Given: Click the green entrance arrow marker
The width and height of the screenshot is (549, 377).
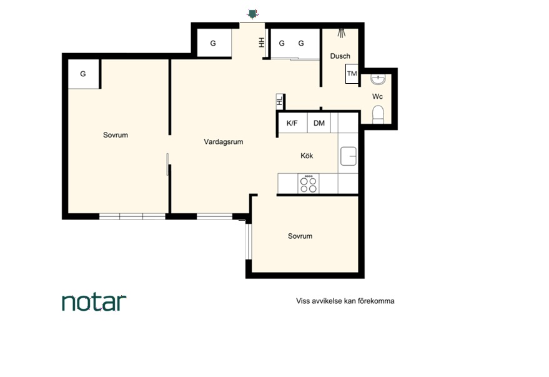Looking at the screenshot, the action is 252,14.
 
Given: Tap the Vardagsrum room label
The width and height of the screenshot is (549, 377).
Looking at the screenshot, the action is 224,142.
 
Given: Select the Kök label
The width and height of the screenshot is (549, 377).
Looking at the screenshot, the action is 307,156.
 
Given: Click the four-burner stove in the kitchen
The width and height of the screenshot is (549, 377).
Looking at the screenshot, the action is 309,184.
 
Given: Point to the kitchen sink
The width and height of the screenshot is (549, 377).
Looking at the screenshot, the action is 349,156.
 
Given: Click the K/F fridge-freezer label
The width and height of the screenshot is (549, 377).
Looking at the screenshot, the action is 292,123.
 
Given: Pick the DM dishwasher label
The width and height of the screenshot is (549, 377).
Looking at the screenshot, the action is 319,123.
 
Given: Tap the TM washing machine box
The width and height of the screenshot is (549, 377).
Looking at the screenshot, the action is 352,74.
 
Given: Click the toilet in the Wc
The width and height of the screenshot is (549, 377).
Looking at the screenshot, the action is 378,115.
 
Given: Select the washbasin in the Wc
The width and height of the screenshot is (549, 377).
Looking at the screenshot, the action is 378,79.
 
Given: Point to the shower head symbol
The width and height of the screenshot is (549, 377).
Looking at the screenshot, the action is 342,33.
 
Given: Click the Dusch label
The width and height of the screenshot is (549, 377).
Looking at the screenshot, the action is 340,56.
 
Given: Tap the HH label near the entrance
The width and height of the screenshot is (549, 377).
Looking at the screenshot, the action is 262,43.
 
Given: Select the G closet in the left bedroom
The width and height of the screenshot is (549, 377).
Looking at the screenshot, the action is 83,74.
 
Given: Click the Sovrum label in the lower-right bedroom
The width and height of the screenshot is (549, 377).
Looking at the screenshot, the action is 300,236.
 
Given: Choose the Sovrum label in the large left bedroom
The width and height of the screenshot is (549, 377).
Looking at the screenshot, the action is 116,135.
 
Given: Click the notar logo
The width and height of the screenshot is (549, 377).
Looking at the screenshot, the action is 94,303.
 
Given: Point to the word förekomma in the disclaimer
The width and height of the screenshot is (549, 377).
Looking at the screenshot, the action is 377,301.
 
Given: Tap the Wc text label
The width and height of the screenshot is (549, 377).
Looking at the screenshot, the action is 377,96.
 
